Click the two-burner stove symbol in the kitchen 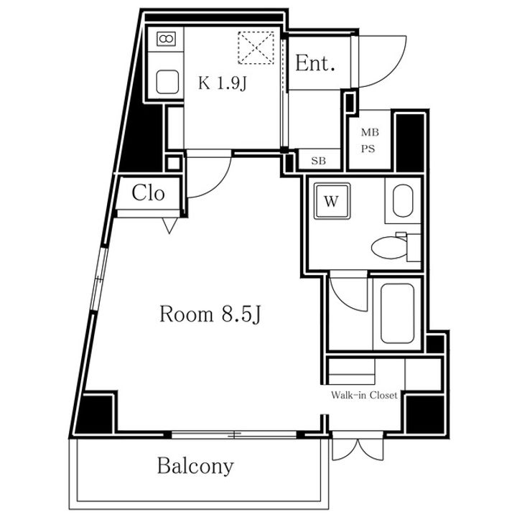pos(166,39)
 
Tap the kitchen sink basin pos(167,82)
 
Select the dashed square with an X pos(256,48)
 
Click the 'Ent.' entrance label pos(315,63)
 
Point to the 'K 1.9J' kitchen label pos(223,83)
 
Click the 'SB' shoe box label pos(319,161)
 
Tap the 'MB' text pos(370,133)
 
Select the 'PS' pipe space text pos(368,149)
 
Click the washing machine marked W pos(332,201)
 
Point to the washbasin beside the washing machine pos(403,201)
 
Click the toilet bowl pos(390,248)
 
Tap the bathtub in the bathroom pos(397,314)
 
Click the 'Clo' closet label pos(148,193)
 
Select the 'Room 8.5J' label pos(210,315)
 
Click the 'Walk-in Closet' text pos(364,395)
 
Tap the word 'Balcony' pos(195,466)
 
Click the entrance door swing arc pos(396,73)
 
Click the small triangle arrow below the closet pos(169,225)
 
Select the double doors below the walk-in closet pos(358,448)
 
